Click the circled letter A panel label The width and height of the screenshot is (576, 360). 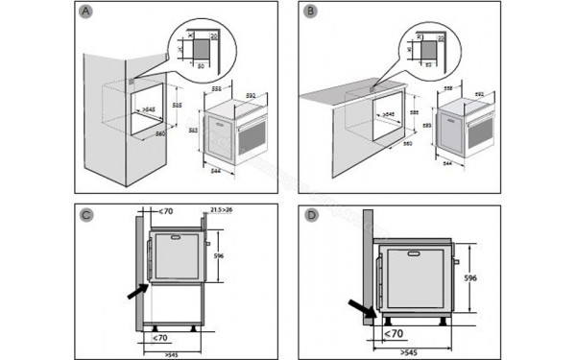coord(87,12)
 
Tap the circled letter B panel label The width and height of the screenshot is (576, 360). coord(309,12)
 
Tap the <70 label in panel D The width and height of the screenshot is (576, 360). coord(393,333)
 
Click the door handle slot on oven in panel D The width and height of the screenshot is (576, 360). coord(417,255)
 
